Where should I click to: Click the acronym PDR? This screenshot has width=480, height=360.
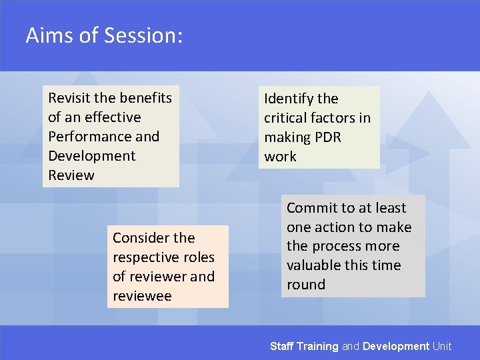click(x=329, y=137)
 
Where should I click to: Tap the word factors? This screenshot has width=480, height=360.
click(x=335, y=118)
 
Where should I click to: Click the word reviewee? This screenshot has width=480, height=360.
click(x=142, y=296)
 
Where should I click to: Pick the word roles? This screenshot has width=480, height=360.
click(x=197, y=257)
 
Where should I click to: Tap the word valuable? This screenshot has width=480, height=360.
click(x=315, y=265)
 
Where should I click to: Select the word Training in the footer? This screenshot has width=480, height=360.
click(x=317, y=346)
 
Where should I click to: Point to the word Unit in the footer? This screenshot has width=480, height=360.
click(x=441, y=346)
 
